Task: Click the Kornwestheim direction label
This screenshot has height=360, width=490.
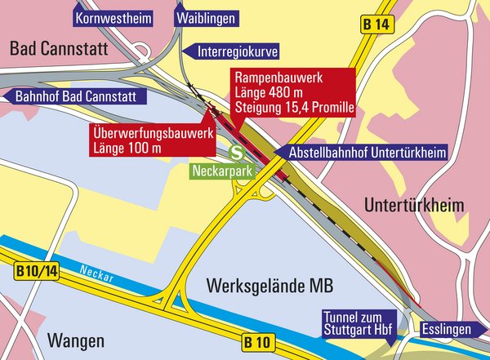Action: pos(113,17)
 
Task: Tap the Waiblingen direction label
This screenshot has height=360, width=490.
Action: pos(205,17)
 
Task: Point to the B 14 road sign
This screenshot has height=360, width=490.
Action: pos(376,25)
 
